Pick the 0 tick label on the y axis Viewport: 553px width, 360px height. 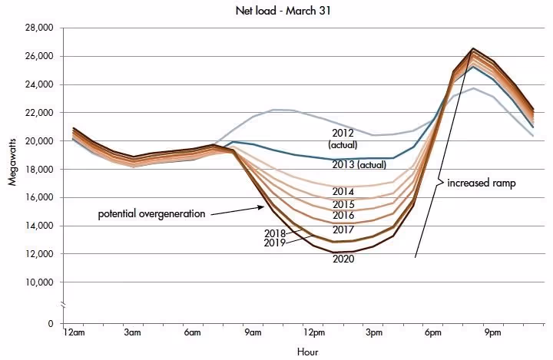(x=48, y=324)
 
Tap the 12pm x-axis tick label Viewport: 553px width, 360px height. (x=312, y=333)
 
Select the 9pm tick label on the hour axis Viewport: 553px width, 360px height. (x=492, y=333)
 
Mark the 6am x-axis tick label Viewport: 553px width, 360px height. (x=192, y=333)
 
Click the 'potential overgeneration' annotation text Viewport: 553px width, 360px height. (x=151, y=213)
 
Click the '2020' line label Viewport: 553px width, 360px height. (x=343, y=259)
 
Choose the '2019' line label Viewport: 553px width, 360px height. (x=273, y=243)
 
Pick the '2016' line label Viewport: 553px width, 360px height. (x=343, y=216)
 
